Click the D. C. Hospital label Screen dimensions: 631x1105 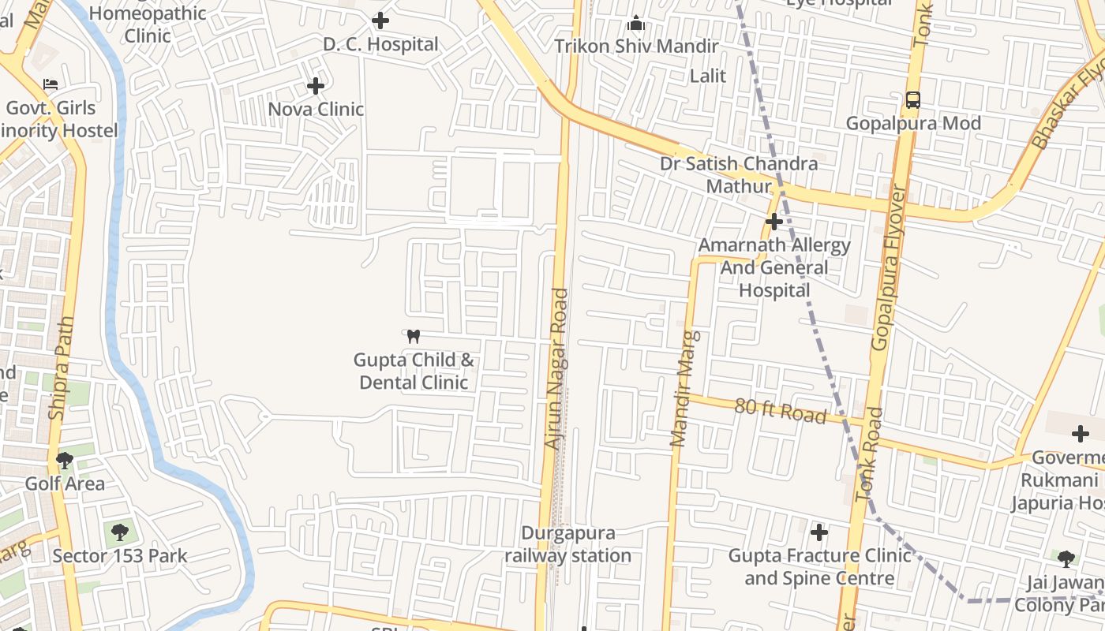[380, 44]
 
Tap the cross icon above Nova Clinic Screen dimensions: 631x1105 [316, 85]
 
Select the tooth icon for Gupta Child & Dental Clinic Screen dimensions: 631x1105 [413, 336]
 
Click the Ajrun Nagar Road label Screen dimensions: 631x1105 [557, 369]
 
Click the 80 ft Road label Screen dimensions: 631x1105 [780, 410]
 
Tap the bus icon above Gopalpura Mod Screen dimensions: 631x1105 [912, 100]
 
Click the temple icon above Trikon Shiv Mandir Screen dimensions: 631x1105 [636, 23]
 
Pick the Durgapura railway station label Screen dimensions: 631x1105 [568, 544]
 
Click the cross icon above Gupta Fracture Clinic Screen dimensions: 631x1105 [819, 532]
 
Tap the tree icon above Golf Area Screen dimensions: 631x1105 [65, 460]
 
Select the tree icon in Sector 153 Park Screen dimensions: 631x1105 [120, 532]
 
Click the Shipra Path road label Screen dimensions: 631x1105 [62, 368]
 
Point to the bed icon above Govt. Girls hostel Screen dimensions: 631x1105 [51, 84]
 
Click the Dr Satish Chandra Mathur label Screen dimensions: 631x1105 [739, 175]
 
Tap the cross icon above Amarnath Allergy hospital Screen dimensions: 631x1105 [773, 221]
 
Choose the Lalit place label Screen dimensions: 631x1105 [708, 76]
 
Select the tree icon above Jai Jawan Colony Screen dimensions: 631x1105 [1066, 559]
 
